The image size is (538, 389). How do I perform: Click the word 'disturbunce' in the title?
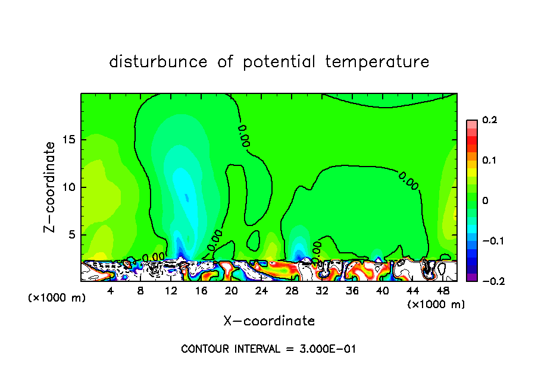coord(158,62)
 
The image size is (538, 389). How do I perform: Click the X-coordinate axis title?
coord(269,321)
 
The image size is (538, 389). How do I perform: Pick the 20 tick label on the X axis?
coord(232,291)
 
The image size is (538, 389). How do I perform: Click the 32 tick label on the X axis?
coord(322,291)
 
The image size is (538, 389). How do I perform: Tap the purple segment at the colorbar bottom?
coord(472,277)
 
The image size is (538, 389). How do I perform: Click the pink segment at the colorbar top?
coord(472,123)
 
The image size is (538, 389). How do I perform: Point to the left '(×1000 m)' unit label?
coord(57,298)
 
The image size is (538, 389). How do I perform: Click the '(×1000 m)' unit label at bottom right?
coord(436,305)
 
